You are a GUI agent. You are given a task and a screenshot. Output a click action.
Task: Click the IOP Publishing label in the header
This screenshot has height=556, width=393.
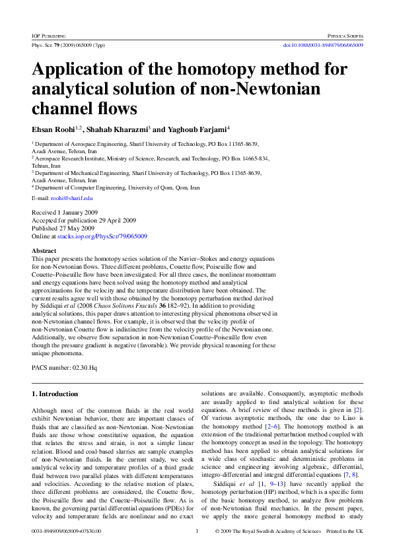point(47,34)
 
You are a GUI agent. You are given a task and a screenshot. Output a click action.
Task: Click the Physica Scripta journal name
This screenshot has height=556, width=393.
point(345,34)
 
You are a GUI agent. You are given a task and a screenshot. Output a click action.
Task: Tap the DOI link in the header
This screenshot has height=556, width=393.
point(322,45)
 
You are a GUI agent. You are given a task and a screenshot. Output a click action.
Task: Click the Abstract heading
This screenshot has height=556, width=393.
point(44,251)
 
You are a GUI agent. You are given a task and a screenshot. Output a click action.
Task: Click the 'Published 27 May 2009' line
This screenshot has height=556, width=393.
point(63,228)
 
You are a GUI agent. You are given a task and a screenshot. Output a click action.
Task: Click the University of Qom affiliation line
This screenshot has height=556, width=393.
point(116,188)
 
